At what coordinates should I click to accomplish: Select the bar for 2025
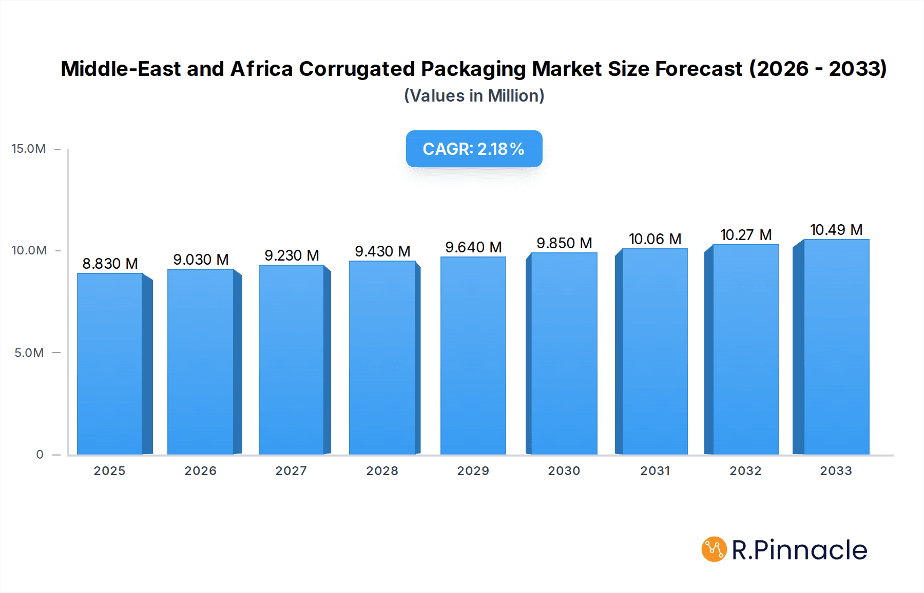pos(110,364)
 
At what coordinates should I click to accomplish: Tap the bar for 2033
pos(836,347)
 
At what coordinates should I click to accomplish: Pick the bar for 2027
pos(291,360)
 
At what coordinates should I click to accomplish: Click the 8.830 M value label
pos(110,264)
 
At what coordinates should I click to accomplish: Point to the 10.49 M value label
pos(836,230)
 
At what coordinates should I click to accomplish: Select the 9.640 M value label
pos(473,247)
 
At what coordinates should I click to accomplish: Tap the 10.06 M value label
pos(655,239)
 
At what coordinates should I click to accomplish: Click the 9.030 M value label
pos(201,260)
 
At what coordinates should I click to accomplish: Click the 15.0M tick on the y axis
pos(29,149)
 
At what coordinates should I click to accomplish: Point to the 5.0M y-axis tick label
pos(29,353)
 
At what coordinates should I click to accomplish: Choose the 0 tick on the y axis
pos(40,454)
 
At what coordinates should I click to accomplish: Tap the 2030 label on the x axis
pos(564,471)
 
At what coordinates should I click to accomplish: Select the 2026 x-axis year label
pos(201,471)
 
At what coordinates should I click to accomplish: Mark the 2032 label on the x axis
pos(745,471)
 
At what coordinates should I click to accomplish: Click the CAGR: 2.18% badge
pos(474,149)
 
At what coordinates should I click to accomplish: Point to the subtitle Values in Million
pos(474,96)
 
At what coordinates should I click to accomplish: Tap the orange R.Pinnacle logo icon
pos(714,549)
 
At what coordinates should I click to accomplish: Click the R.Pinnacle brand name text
pos(799,550)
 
